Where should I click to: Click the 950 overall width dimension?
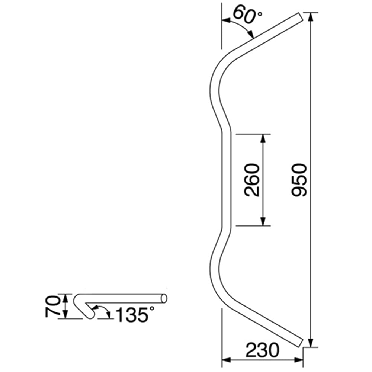[x=299, y=180]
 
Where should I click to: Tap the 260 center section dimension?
[x=252, y=180]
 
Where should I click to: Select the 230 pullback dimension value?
[x=262, y=350]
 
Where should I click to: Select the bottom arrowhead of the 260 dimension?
[x=263, y=222]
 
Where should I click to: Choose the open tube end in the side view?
[x=164, y=298]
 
